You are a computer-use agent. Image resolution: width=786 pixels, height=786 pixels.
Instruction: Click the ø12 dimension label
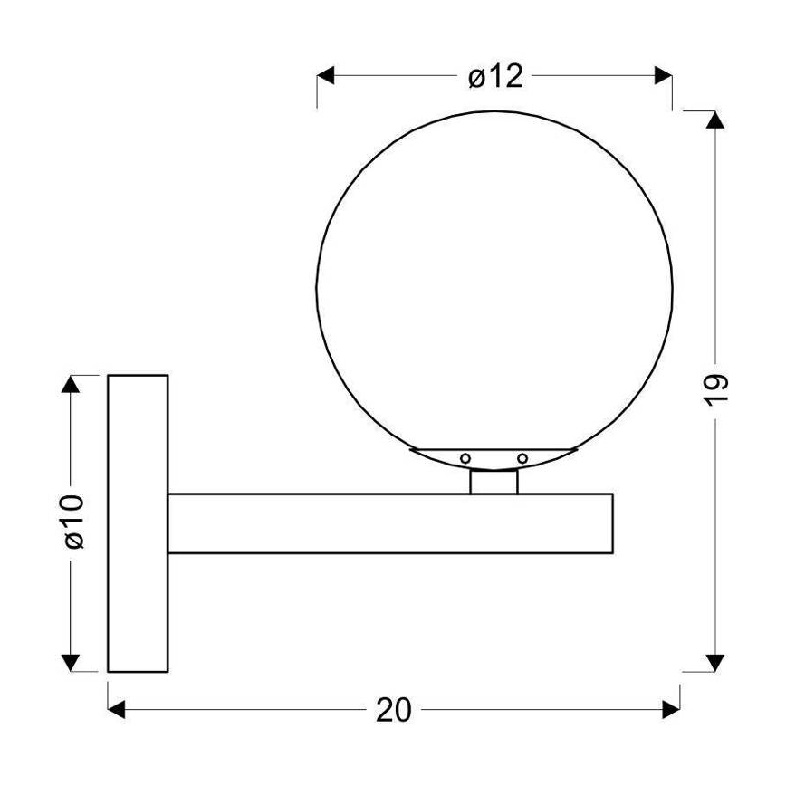pos(495,77)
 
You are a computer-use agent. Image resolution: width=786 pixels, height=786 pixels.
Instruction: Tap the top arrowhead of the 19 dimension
pos(715,120)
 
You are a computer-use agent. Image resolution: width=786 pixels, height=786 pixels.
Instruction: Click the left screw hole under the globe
pos(465,457)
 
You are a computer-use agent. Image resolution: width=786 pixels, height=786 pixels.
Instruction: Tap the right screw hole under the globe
pos(522,457)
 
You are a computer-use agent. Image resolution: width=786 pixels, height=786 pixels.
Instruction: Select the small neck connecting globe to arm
pos(494,481)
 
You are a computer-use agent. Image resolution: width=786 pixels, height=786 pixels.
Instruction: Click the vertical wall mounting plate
pos(138,523)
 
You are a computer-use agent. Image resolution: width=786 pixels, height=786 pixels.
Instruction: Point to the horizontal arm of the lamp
pos(389,523)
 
